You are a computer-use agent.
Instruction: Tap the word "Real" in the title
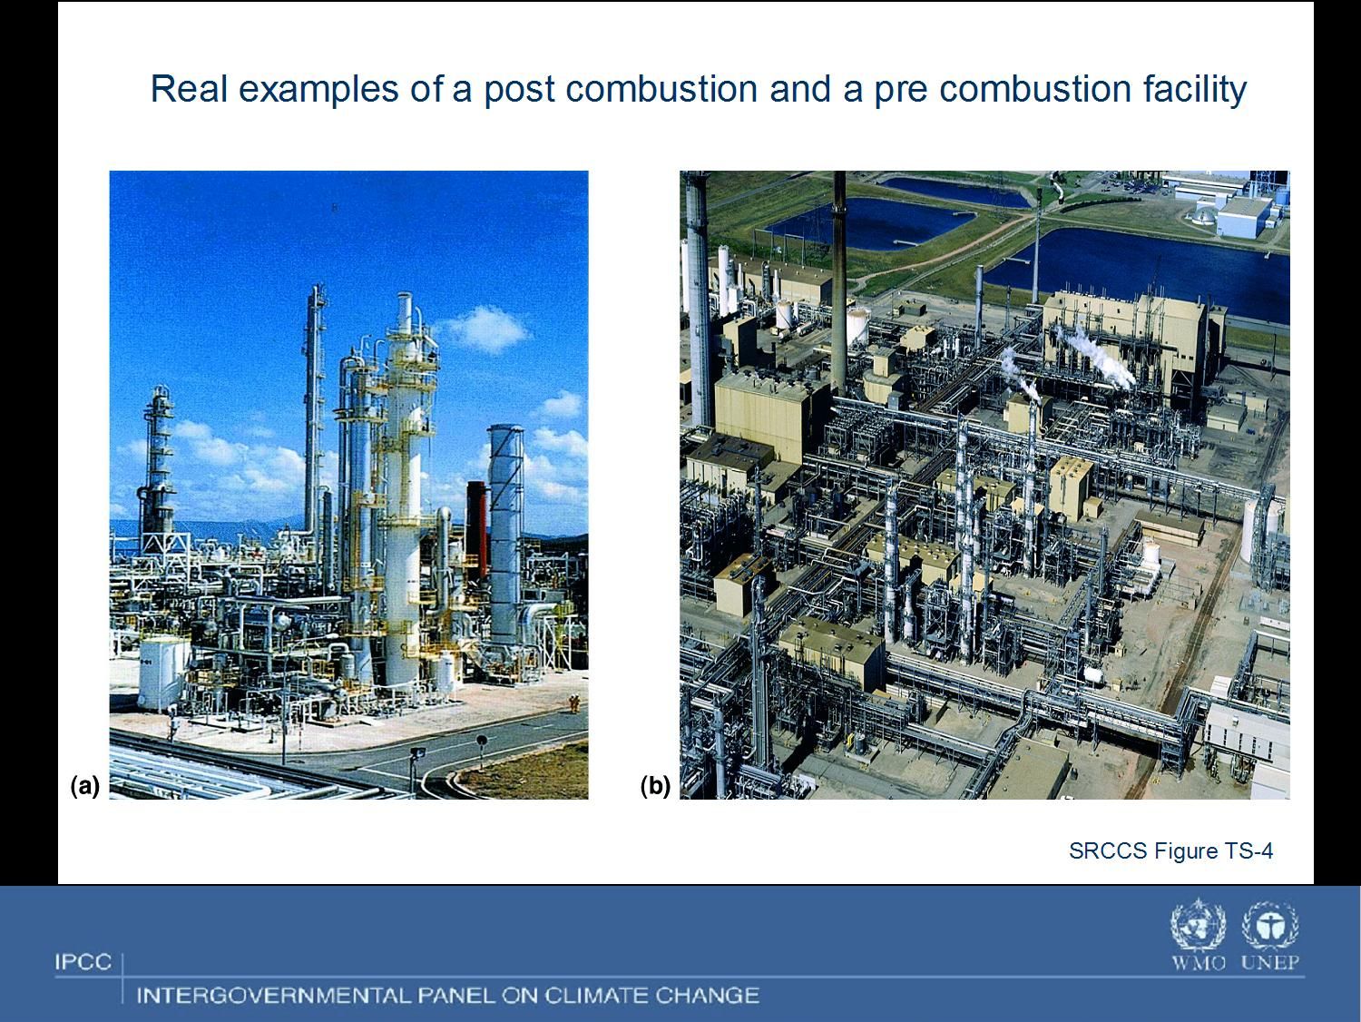pos(190,88)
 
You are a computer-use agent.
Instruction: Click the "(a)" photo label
pos(85,786)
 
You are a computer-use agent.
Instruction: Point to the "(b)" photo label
pos(655,786)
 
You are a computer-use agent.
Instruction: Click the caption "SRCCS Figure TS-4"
pos(1170,850)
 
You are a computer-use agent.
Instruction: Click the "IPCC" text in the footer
pos(83,962)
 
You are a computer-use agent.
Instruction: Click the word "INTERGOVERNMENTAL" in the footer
pos(273,996)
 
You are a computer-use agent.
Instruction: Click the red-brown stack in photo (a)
pos(476,530)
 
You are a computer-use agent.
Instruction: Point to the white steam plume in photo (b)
pos(1096,358)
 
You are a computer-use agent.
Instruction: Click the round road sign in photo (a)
pos(482,741)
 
